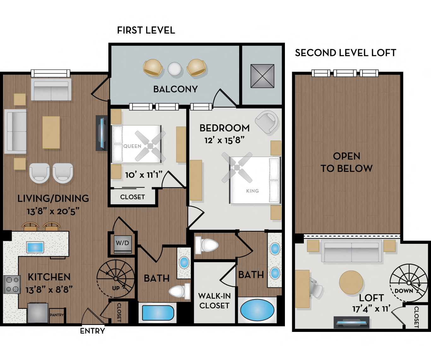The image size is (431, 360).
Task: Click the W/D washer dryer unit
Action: pos(122,243)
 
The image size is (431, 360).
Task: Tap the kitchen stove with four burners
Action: pos(12,284)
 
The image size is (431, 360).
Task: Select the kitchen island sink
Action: pos(35,247)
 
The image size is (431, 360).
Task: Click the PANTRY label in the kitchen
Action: pos(57,315)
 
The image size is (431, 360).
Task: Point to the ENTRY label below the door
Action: pos(92,331)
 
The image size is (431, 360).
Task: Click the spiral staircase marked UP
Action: pos(116,279)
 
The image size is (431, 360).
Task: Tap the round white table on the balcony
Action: pos(174,69)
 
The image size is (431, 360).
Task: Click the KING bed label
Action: pos(252,191)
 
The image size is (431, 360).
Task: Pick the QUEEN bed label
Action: pos(132,146)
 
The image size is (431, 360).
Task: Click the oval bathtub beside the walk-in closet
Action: pos(257,310)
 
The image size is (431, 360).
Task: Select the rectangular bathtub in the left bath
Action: pos(158,313)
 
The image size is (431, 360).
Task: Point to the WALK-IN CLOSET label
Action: pos(214,301)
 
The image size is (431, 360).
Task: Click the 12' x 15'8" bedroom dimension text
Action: pos(224,140)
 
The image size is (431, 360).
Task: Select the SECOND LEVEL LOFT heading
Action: pos(345,53)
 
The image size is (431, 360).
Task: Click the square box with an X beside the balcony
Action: pos(262,76)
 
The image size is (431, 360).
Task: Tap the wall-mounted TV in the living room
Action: pos(102,133)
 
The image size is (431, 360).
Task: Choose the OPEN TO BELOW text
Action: pos(346,162)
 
